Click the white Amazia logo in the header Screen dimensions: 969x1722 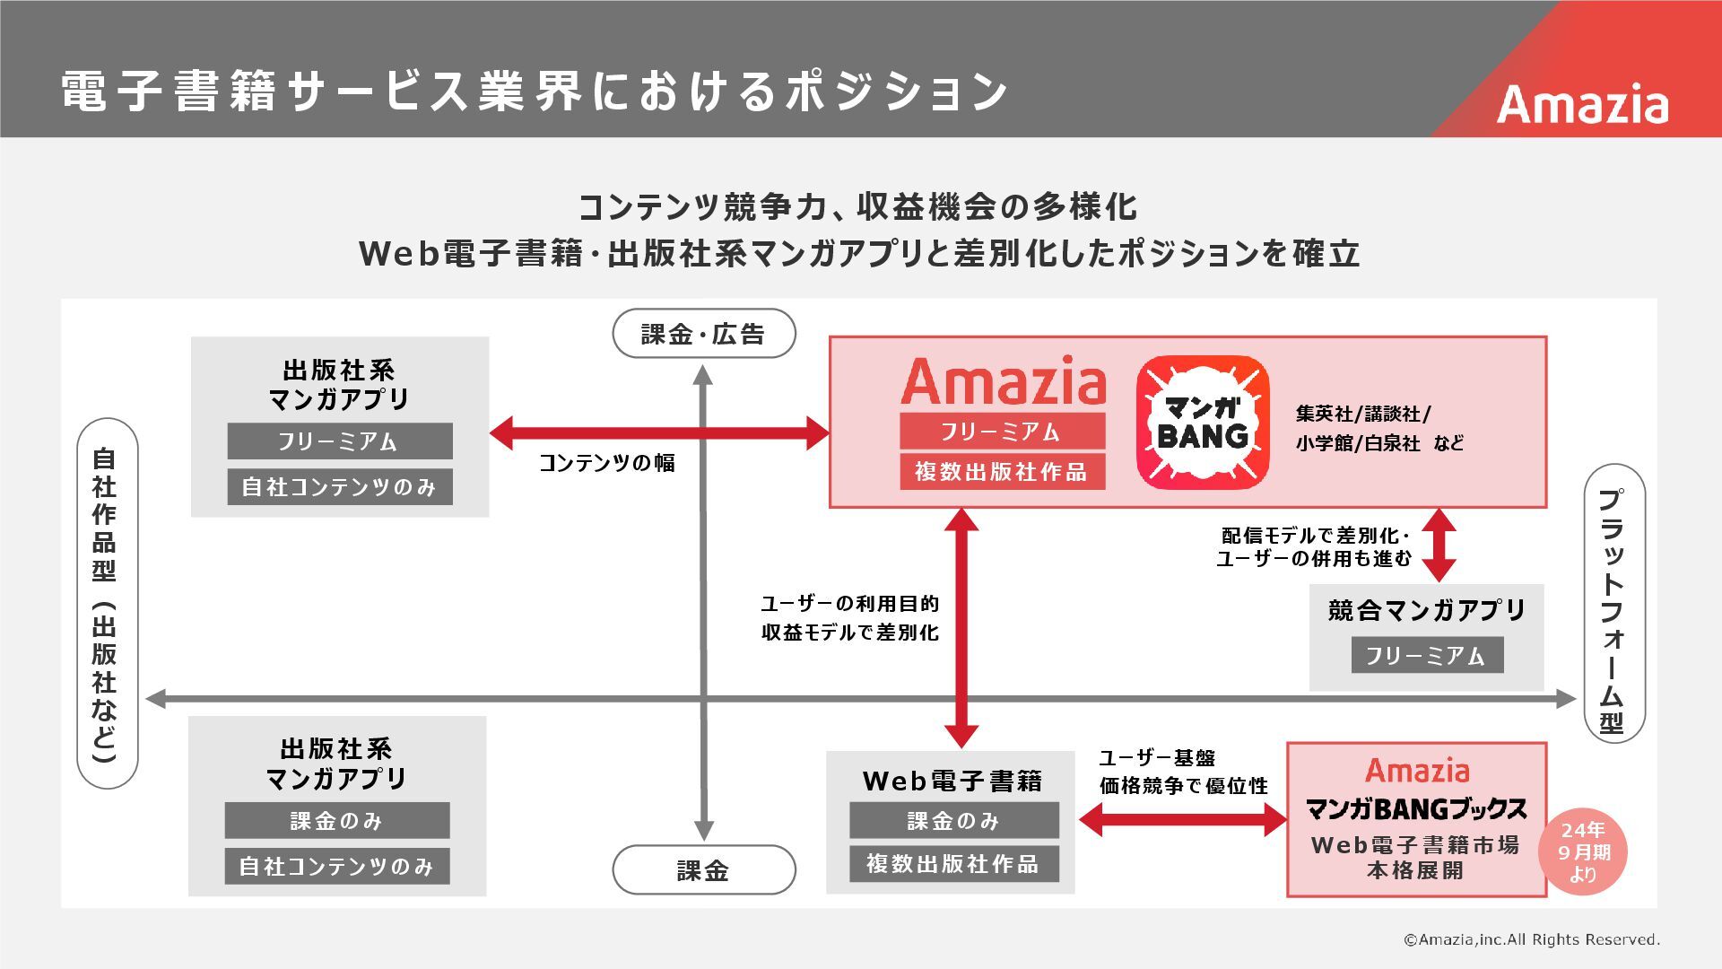1582,105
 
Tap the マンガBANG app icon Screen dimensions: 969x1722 1203,422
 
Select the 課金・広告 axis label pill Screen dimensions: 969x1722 703,334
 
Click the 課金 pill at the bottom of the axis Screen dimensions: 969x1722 703,869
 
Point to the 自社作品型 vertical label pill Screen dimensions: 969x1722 107,603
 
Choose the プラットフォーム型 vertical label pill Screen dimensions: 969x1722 1613,603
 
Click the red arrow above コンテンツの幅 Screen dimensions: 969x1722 659,432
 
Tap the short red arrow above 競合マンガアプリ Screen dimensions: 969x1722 1439,545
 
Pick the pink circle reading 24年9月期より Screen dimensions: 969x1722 1582,852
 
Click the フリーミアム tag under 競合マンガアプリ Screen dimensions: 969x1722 1426,655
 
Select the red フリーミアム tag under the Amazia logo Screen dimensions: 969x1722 1002,432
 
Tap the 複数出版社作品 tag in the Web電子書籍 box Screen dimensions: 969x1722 953,863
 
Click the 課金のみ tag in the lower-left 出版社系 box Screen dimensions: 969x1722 336,820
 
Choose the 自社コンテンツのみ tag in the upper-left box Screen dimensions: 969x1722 339,486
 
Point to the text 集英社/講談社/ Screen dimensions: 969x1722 1363,414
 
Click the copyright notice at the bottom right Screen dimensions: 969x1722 1531,939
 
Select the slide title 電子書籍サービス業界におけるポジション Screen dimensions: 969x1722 535,91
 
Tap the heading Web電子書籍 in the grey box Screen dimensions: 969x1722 952,781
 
